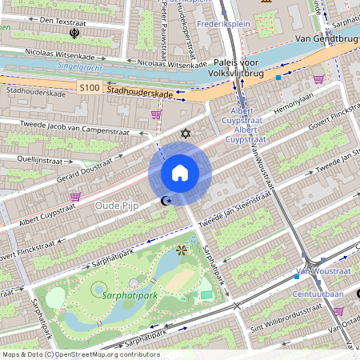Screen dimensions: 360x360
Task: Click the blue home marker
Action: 180,173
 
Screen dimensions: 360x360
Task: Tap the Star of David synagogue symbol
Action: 186,132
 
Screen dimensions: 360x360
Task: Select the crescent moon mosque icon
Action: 166,201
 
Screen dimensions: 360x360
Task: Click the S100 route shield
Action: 88,86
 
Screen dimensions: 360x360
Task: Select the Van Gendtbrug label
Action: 326,38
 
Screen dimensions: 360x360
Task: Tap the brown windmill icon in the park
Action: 182,250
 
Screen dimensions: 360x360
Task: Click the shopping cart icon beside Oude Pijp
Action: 76,196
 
